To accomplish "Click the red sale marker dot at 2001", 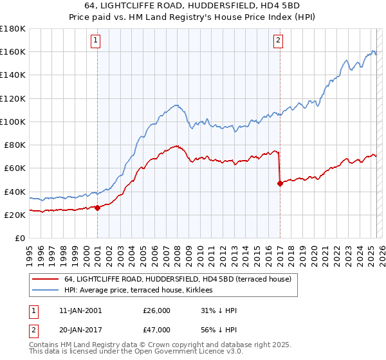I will (97, 208).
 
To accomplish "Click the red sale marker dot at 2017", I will (280, 183).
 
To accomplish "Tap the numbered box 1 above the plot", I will (95, 40).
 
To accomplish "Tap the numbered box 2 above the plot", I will (278, 40).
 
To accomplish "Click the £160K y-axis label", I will (13, 51).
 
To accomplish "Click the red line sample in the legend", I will (44, 279).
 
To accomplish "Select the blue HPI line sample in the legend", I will (44, 291).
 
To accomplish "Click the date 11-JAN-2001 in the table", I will (75, 310).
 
